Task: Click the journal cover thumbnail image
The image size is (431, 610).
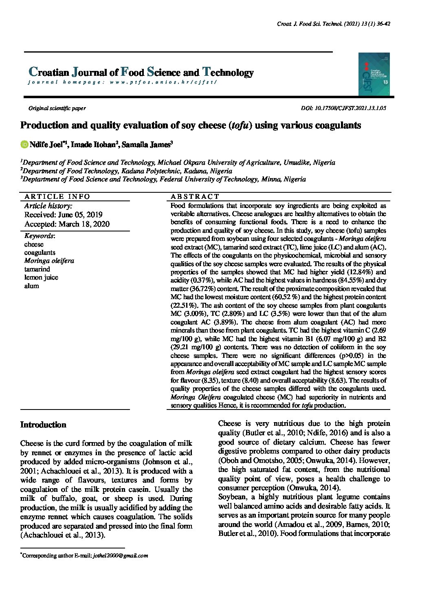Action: (374, 74)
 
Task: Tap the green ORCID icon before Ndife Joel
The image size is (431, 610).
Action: (24, 145)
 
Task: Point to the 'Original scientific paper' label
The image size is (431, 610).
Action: (57, 108)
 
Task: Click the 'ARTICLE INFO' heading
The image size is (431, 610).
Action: (57, 196)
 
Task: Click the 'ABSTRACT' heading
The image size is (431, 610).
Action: (195, 196)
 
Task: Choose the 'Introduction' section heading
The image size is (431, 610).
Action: (43, 425)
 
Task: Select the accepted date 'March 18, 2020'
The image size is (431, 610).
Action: (84, 224)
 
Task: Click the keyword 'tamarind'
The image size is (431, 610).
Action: (37, 269)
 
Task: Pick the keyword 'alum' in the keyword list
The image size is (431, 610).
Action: (32, 286)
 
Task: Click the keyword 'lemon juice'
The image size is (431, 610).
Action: (41, 277)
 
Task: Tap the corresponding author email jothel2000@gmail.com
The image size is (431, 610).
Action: (120, 555)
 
